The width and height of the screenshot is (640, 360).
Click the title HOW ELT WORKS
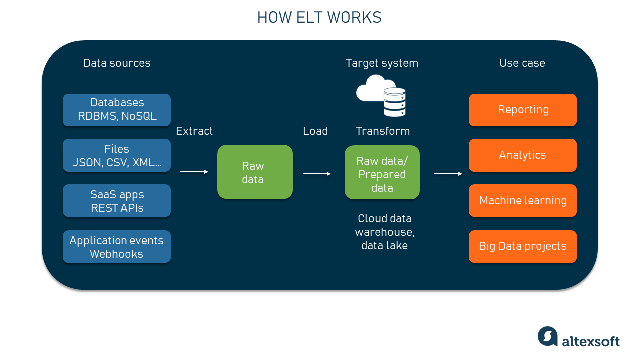pyautogui.click(x=319, y=18)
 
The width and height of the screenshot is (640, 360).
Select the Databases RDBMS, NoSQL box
pyautogui.click(x=117, y=110)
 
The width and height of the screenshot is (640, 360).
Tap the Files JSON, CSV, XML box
pyautogui.click(x=117, y=155)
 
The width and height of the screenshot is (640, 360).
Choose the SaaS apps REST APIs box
pyautogui.click(x=117, y=201)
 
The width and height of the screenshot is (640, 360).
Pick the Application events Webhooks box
pyautogui.click(x=117, y=247)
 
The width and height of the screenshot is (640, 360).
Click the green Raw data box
pyautogui.click(x=255, y=172)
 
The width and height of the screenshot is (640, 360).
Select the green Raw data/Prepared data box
pyautogui.click(x=382, y=173)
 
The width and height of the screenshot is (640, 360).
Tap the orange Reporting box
pyautogui.click(x=523, y=110)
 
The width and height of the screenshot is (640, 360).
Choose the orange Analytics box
pyautogui.click(x=523, y=155)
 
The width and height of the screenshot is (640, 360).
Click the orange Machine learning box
pyautogui.click(x=523, y=201)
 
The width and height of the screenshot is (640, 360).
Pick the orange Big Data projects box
pyautogui.click(x=523, y=247)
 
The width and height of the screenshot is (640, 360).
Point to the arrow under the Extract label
pyautogui.click(x=194, y=172)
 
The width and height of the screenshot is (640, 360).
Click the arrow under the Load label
pyautogui.click(x=317, y=174)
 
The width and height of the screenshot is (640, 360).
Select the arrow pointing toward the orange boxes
pyautogui.click(x=448, y=174)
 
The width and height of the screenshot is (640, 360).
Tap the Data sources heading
pyautogui.click(x=117, y=63)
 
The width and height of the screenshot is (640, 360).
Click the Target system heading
pyautogui.click(x=382, y=63)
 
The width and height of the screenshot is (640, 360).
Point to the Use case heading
pyautogui.click(x=522, y=63)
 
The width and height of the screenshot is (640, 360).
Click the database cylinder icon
pyautogui.click(x=394, y=102)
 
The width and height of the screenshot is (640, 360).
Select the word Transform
pyautogui.click(x=383, y=131)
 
